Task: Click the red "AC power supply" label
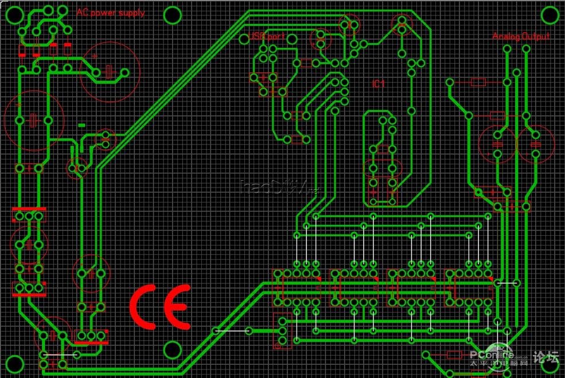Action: coord(111,13)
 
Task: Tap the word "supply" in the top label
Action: coord(132,13)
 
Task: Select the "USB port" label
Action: coord(268,36)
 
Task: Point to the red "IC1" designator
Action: coord(378,84)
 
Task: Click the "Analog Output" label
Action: coord(521,37)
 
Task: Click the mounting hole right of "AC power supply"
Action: coord(172,15)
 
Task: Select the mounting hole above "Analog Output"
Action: coord(549,15)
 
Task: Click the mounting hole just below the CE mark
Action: coord(172,349)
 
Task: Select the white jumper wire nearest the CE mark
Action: coord(232,330)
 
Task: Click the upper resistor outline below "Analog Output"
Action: coord(478,82)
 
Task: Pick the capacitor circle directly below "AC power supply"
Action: coord(109,72)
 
